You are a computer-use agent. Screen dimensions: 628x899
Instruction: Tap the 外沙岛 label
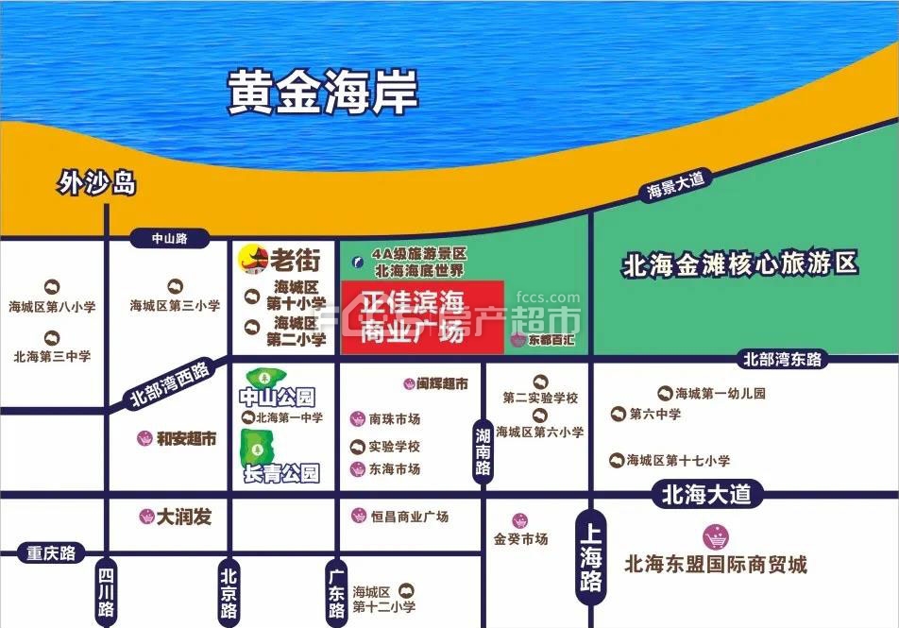[x=96, y=182]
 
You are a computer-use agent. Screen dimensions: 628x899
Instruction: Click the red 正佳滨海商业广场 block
[x=421, y=317]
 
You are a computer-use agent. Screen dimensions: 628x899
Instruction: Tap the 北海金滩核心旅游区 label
[x=740, y=263]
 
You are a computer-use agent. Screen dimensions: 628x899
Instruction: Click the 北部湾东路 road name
[x=783, y=359]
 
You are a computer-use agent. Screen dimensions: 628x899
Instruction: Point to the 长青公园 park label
[x=280, y=472]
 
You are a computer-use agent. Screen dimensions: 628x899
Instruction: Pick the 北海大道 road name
[x=706, y=493]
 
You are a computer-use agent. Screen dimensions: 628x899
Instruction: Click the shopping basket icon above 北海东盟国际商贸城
[x=716, y=536]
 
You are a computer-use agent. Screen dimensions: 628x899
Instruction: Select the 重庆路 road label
[x=51, y=552]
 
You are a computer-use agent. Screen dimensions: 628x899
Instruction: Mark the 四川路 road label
[x=106, y=592]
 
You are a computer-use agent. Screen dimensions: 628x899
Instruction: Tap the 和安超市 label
[x=186, y=438]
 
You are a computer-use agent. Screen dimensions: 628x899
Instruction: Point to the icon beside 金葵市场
[x=519, y=520]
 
